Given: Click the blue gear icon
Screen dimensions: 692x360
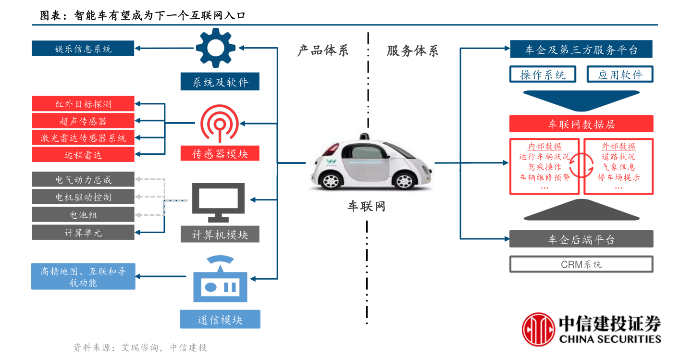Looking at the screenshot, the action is coord(216,48).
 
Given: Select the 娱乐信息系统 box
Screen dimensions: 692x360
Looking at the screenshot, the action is coord(83,48).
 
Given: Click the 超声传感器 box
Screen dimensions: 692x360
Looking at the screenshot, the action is coord(83,121).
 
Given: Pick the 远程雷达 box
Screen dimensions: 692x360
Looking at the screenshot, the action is coord(83,154).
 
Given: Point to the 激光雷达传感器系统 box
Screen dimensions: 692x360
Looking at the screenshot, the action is coord(83,137).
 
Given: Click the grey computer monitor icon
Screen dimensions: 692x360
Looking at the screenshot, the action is coord(218,202).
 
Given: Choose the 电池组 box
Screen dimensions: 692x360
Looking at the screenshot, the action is coord(83,214).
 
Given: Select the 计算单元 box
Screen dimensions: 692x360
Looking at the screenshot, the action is coord(83,232).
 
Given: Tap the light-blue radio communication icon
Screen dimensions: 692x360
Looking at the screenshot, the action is coord(220,280).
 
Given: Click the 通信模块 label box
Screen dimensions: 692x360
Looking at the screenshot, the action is coord(220,319).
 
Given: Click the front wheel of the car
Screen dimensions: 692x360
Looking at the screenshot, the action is coord(405,180).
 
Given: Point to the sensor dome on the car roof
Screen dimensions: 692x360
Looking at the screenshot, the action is coord(365,137).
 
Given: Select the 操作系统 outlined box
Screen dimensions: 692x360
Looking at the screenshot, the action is coord(543,74).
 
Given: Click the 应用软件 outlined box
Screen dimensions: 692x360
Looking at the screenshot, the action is coord(620,74).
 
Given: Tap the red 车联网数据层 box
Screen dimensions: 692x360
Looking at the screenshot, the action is coord(581,124).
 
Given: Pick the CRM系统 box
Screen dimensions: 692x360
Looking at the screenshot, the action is coord(581,264).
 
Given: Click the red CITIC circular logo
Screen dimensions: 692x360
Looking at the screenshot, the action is coord(538,329).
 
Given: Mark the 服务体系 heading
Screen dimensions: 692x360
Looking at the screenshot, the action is coord(412,50).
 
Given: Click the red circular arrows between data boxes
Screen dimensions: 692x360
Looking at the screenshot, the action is coord(581,165).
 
